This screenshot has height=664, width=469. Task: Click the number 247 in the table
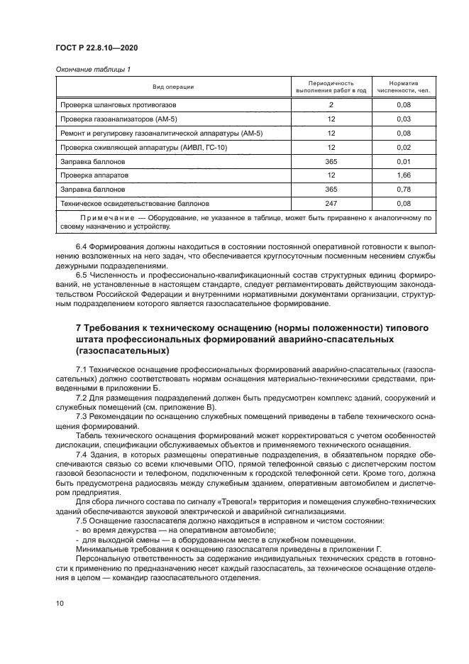point(330,204)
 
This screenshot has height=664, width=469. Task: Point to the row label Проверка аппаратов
point(94,175)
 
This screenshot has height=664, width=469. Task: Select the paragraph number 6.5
point(82,274)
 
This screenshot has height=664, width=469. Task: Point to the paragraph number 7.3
point(82,415)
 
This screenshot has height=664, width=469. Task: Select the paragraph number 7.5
point(82,521)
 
